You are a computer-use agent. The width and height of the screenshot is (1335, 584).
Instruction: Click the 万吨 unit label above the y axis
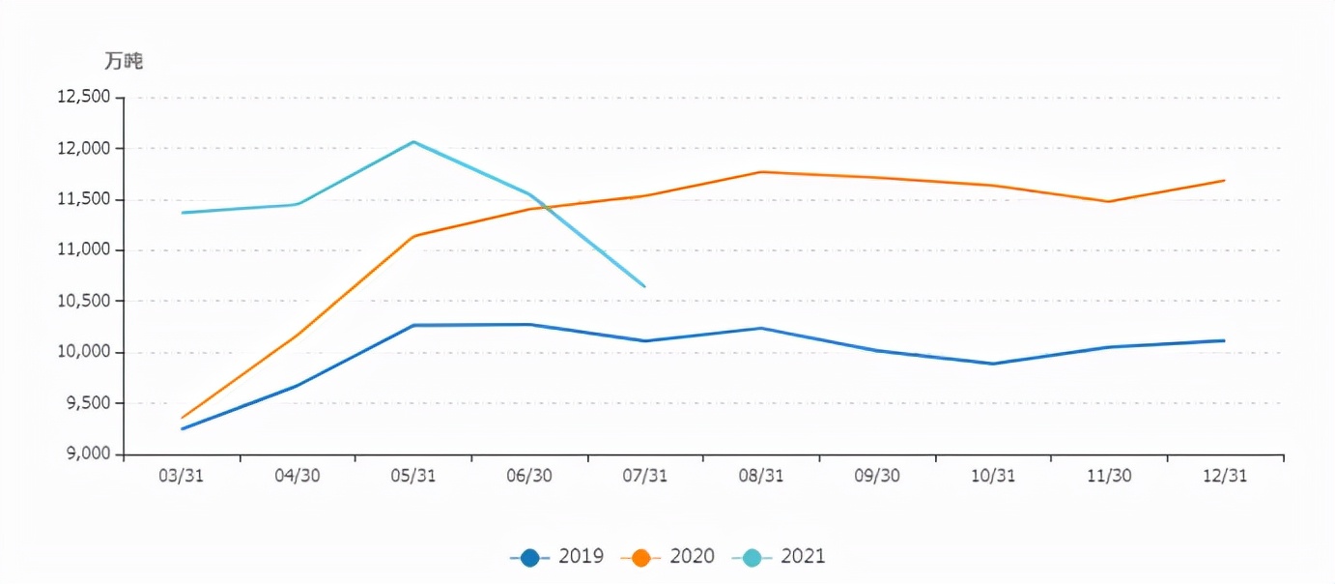click(124, 61)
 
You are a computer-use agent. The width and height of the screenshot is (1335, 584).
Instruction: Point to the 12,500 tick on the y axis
click(84, 97)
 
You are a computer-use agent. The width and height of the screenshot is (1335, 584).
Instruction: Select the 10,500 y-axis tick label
click(84, 301)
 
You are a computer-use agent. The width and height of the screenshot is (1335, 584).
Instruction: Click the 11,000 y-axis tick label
click(84, 249)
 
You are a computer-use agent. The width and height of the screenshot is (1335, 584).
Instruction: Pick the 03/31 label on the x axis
click(182, 476)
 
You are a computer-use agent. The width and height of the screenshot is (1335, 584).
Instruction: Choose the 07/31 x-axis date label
click(645, 476)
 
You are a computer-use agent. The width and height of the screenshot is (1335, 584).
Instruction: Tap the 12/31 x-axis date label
click(1225, 476)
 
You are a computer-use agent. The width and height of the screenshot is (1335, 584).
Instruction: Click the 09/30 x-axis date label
click(877, 476)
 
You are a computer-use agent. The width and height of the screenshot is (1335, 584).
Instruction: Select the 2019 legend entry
click(557, 557)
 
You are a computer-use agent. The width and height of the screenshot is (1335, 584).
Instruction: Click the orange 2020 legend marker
click(641, 557)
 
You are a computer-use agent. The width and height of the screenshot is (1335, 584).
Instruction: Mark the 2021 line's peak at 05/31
click(413, 142)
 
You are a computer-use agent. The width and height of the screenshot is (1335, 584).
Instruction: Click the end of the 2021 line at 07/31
click(644, 286)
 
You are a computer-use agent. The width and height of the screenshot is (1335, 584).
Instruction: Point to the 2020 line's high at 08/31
click(761, 172)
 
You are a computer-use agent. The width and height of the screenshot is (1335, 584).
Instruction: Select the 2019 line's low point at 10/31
click(993, 364)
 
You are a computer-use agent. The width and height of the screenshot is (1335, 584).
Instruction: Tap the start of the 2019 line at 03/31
click(182, 428)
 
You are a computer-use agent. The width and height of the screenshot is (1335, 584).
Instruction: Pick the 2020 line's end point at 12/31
click(1225, 180)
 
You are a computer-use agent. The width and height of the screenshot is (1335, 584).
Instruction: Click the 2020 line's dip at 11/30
click(1109, 201)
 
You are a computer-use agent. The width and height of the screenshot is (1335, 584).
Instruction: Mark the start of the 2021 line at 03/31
click(182, 213)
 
